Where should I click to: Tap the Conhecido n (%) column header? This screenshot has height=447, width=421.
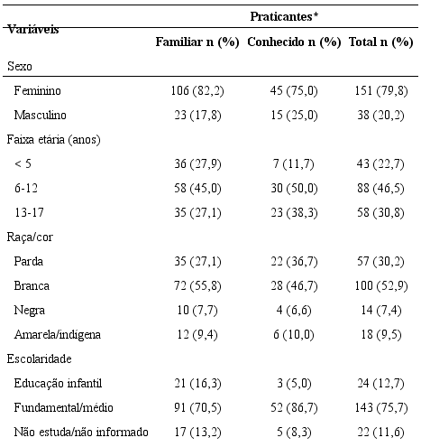point(294,42)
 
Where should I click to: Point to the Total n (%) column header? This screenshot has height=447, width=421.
point(380,42)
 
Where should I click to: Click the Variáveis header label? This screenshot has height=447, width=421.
point(33,29)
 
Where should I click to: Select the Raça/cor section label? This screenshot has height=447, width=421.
point(29,237)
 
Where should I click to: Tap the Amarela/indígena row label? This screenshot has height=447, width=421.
point(57,334)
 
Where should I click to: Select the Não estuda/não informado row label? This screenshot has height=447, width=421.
point(81,432)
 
